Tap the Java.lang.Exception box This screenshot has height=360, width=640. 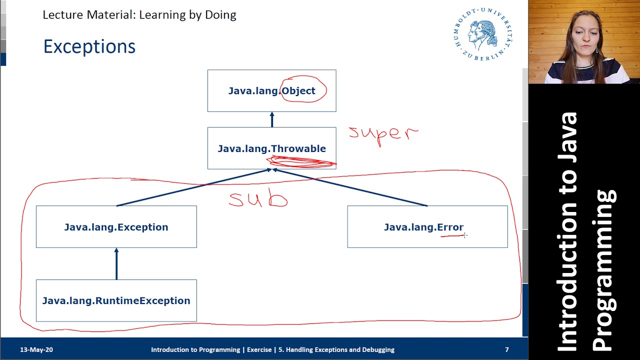pyautogui.click(x=116, y=227)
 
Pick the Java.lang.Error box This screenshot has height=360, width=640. pyautogui.click(x=427, y=227)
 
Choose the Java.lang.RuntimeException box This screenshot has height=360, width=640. pyautogui.click(x=116, y=300)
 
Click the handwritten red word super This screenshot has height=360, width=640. pyautogui.click(x=383, y=134)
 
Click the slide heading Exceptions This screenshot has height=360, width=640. pyautogui.click(x=89, y=46)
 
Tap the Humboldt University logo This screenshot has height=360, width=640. pyautogui.click(x=483, y=34)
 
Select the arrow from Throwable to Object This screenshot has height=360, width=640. pyautogui.click(x=272, y=119)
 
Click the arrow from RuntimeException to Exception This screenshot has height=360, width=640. pyautogui.click(x=116, y=263)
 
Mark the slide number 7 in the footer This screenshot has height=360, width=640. pyautogui.click(x=507, y=349)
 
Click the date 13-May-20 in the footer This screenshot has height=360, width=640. pyautogui.click(x=36, y=349)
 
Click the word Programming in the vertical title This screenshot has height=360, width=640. pyautogui.click(x=604, y=270)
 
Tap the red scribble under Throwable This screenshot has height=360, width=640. pyautogui.click(x=301, y=162)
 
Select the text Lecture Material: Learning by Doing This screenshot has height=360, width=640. pyautogui.click(x=139, y=14)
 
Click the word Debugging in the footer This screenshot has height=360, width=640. pyautogui.click(x=377, y=349)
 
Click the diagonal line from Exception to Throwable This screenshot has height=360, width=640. pyautogui.click(x=195, y=187)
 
